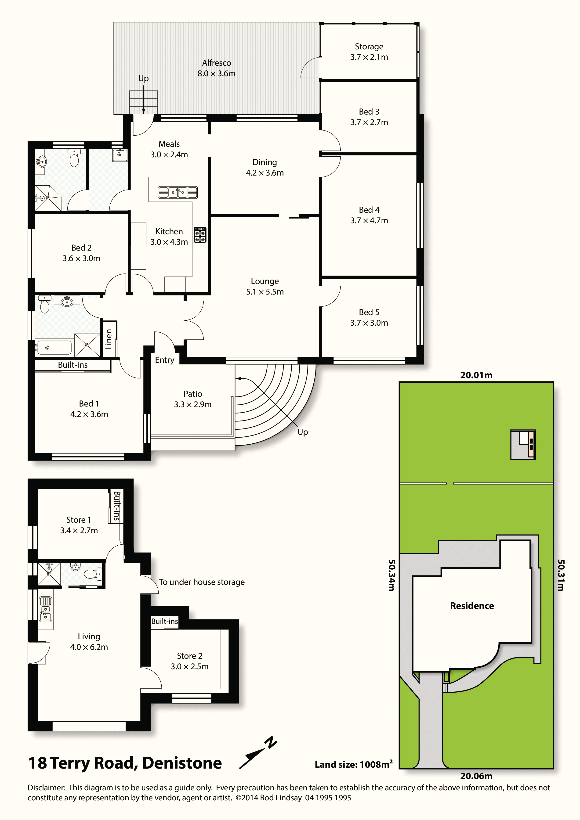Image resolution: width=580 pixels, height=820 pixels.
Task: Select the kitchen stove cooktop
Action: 200,235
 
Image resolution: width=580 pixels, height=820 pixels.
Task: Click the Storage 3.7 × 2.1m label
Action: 369,52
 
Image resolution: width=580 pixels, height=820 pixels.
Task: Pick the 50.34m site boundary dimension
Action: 392,575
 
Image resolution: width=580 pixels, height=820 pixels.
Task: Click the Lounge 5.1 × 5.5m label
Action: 265,286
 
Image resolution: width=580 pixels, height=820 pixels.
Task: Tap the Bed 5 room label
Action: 369,317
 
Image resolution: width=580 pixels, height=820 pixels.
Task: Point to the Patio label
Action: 193,394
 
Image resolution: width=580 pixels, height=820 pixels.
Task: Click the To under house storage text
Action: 202,582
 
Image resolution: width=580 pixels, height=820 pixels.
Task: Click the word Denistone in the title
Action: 182,763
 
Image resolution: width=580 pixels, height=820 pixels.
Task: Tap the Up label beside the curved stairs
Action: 303,432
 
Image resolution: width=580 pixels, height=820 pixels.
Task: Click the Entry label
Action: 164,360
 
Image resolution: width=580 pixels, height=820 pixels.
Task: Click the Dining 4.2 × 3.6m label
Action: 265,168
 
